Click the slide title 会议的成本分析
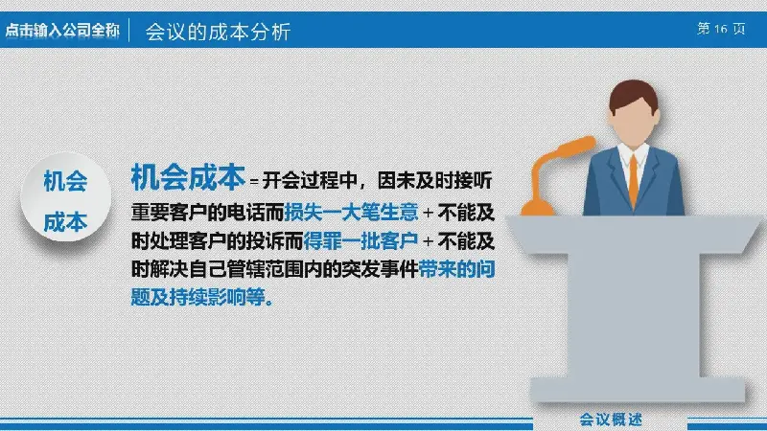pos(219,32)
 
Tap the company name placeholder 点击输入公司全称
pos(62,31)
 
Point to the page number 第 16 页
pos(721,29)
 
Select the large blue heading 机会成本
pos(188,177)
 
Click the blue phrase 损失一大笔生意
pos(351,213)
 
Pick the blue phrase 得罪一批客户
pos(360,241)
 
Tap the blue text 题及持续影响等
pos(202,297)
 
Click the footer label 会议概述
pos(611,420)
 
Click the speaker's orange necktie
pos(634,180)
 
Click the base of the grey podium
pos(638,390)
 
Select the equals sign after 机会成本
pos(254,182)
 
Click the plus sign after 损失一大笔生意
pos(428,213)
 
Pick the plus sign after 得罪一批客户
pos(428,241)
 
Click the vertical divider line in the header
pos(129,31)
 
